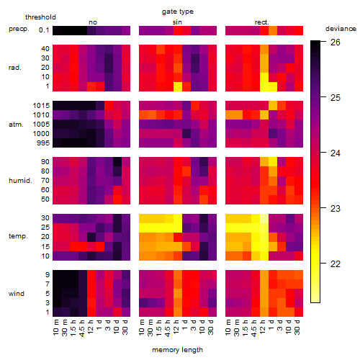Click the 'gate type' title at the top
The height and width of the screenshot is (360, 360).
click(178, 12)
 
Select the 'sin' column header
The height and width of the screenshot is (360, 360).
click(177, 22)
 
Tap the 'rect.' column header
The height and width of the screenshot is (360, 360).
click(262, 22)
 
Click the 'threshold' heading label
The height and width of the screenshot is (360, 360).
click(40, 17)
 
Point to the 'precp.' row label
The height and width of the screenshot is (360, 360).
click(19, 29)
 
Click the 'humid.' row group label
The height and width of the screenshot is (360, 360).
click(20, 181)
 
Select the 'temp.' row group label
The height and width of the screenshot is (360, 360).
click(18, 236)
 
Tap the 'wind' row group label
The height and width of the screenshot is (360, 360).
click(17, 294)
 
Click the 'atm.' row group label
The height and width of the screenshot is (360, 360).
click(16, 125)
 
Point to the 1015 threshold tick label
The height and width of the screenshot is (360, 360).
click(41, 106)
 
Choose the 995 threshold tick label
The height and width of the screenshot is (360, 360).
click(43, 143)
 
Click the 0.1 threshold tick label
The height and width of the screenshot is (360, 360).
click(44, 30)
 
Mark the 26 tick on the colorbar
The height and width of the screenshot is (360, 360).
click(336, 42)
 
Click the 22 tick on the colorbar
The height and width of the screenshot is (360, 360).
click(336, 264)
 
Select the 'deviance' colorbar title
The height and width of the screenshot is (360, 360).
click(341, 29)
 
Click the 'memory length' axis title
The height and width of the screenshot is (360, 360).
click(177, 350)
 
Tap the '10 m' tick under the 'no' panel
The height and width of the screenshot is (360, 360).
click(55, 328)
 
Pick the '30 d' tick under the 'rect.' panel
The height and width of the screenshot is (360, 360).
click(297, 328)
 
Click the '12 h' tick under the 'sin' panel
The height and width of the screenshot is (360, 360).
click(176, 328)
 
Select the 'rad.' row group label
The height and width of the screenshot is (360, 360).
click(15, 68)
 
